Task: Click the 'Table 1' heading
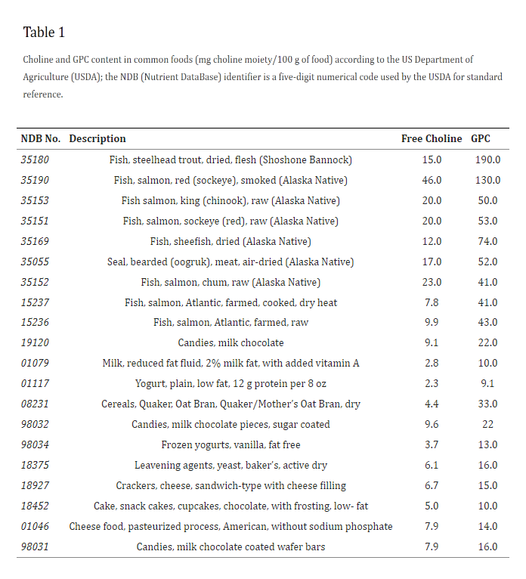(x=44, y=33)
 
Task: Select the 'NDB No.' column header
(x=41, y=138)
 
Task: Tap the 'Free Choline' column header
(x=432, y=138)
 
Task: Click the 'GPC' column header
(x=481, y=138)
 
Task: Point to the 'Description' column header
(x=97, y=138)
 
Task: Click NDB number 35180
(x=35, y=159)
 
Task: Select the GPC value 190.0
(x=487, y=159)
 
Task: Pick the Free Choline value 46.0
(x=432, y=180)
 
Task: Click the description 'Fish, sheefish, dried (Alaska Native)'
(x=231, y=241)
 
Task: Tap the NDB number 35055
(x=35, y=262)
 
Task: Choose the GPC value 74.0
(x=487, y=241)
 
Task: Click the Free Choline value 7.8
(x=432, y=302)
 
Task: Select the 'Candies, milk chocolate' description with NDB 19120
(x=231, y=342)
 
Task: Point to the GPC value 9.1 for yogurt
(x=487, y=383)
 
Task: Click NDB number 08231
(x=35, y=404)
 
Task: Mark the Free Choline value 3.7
(x=432, y=444)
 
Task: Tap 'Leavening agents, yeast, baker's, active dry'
(x=231, y=465)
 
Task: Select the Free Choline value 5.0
(x=432, y=506)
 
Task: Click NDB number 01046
(x=35, y=526)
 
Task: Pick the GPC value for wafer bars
(x=487, y=546)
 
